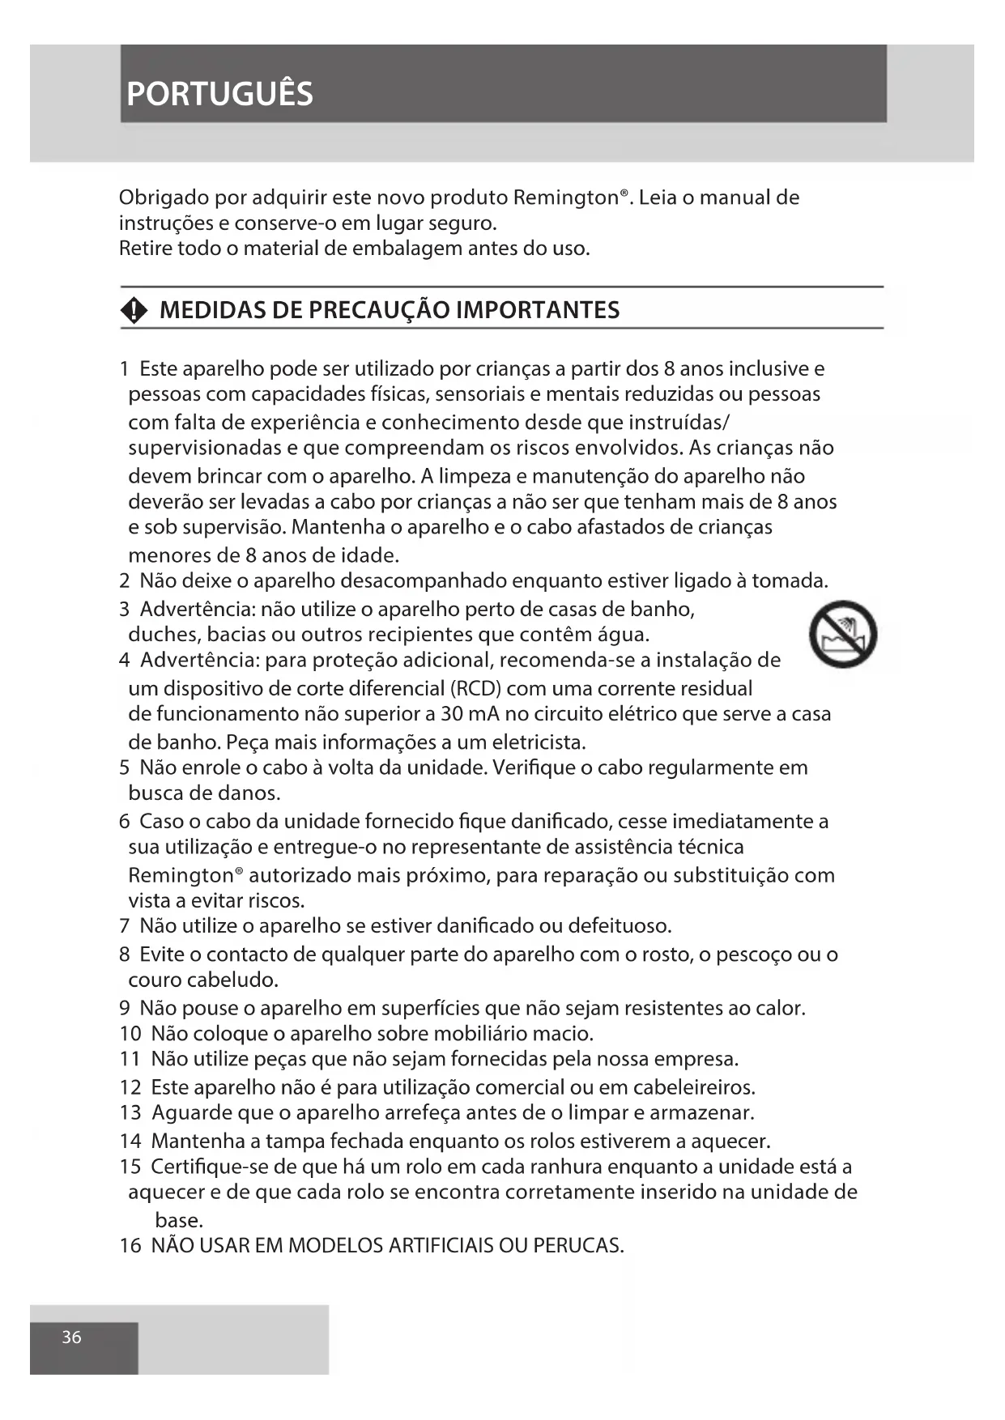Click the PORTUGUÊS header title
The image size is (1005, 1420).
219,94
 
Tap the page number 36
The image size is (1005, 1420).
71,1337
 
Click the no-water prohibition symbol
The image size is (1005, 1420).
843,634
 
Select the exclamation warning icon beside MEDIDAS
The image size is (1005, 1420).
134,310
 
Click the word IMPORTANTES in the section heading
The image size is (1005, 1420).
538,310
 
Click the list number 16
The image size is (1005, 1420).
130,1245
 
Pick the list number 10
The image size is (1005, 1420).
130,1034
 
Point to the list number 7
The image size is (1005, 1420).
124,926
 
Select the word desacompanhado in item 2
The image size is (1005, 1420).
423,581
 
